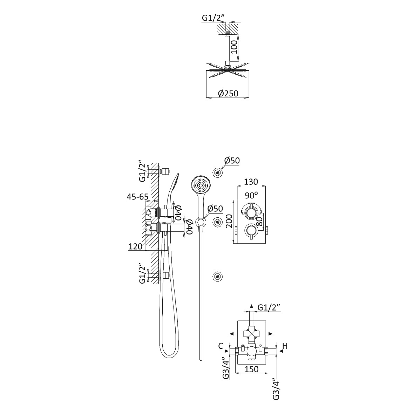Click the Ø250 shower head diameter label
tap(228, 94)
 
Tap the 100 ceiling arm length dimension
tap(235, 46)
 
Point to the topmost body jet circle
tap(218, 172)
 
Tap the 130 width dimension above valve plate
tap(251, 182)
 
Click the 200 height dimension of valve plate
tap(229, 222)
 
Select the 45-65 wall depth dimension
tap(137, 197)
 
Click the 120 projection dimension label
tap(136, 246)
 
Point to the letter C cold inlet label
tap(220, 346)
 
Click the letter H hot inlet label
tap(285, 346)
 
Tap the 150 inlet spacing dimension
tap(251, 369)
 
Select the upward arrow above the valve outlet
tap(251, 307)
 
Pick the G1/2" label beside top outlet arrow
tap(269, 307)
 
